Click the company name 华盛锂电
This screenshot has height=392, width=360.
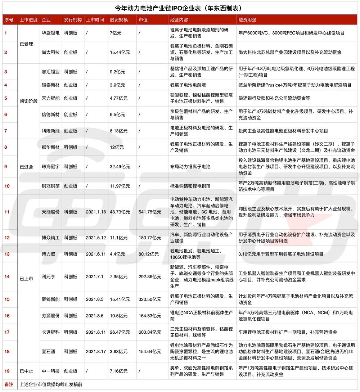pyautogui.click(x=50, y=33)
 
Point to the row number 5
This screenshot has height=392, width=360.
pyautogui.click(x=5, y=98)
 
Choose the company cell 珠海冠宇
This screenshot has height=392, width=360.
pyautogui.click(x=50, y=167)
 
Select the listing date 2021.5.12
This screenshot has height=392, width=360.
pyautogui.click(x=95, y=238)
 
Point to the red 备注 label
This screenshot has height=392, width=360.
pyautogui.click(x=9, y=384)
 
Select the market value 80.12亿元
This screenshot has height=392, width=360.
pyautogui.click(x=149, y=254)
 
